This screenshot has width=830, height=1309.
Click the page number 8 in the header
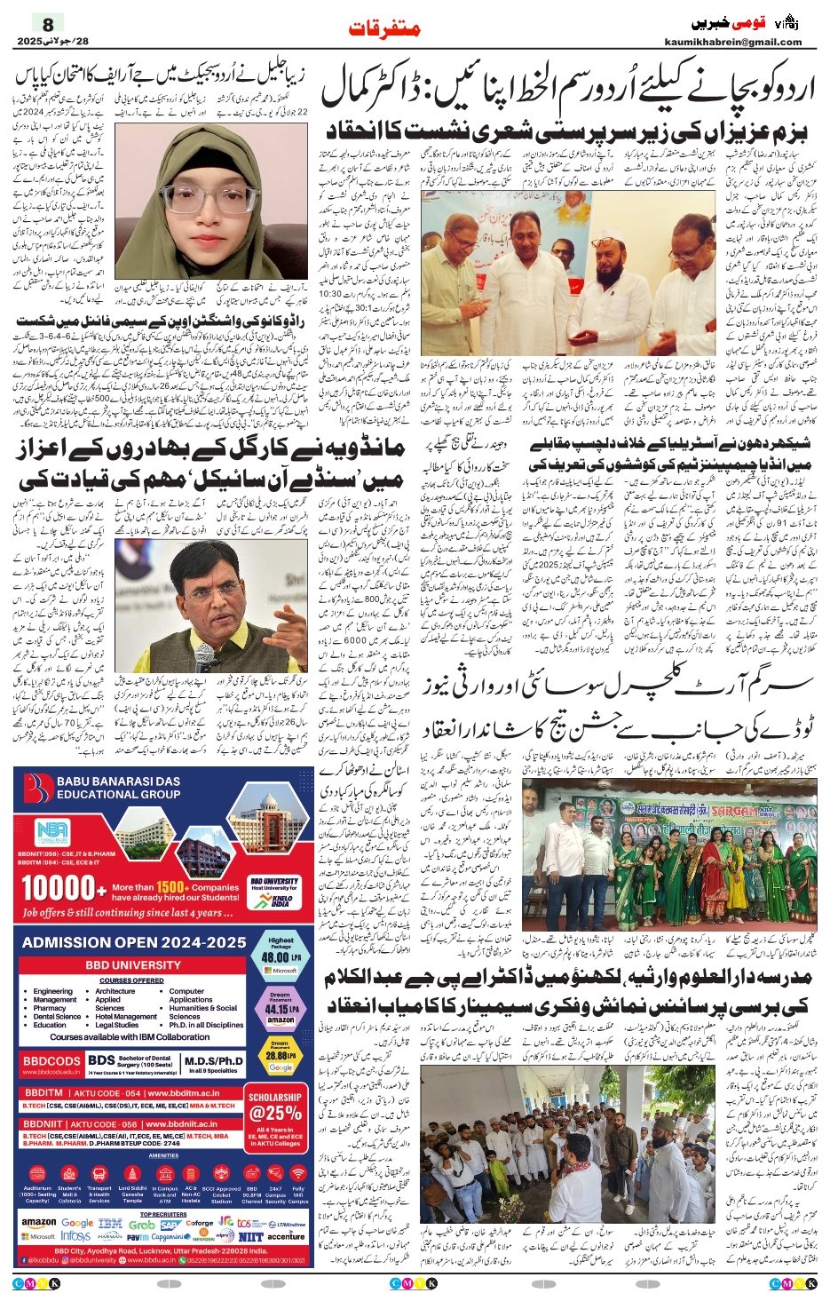(48, 24)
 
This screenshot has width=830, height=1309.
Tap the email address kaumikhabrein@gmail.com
(732, 42)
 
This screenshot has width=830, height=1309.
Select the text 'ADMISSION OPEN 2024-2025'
(134, 942)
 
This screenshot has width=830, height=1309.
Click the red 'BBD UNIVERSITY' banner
(133, 965)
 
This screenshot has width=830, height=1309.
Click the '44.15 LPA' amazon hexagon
(281, 1008)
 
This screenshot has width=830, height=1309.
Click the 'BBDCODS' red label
(51, 1061)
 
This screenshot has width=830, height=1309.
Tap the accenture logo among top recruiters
(286, 1236)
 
